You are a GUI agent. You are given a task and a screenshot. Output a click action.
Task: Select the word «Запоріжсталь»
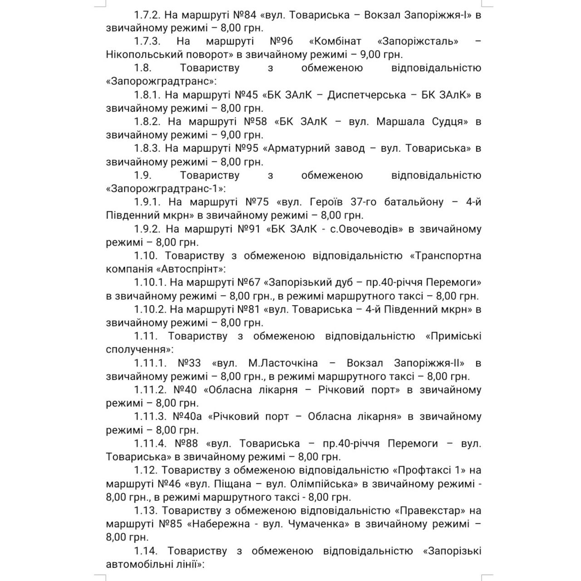[x=418, y=42]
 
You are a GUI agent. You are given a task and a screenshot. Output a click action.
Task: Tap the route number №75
[x=257, y=202]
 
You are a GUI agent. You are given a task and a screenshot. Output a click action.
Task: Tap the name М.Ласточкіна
[x=283, y=363]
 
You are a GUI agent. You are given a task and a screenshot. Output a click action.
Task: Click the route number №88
[x=187, y=443]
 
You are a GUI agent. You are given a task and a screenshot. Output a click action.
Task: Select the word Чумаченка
[x=318, y=524]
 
